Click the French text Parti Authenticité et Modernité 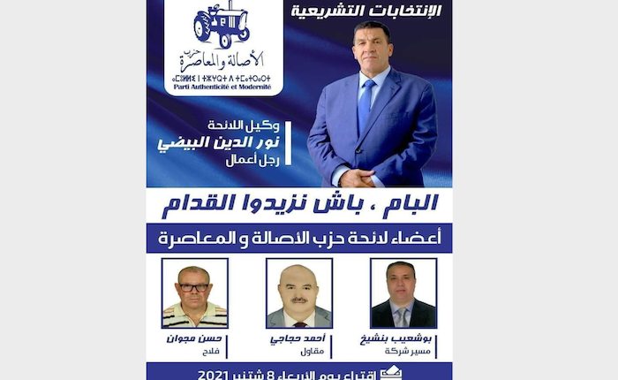click(x=223, y=85)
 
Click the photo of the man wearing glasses click(x=194, y=293)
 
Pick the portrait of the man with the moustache click(x=298, y=293)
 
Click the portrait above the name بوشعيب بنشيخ click(x=403, y=293)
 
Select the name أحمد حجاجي click(x=298, y=339)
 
